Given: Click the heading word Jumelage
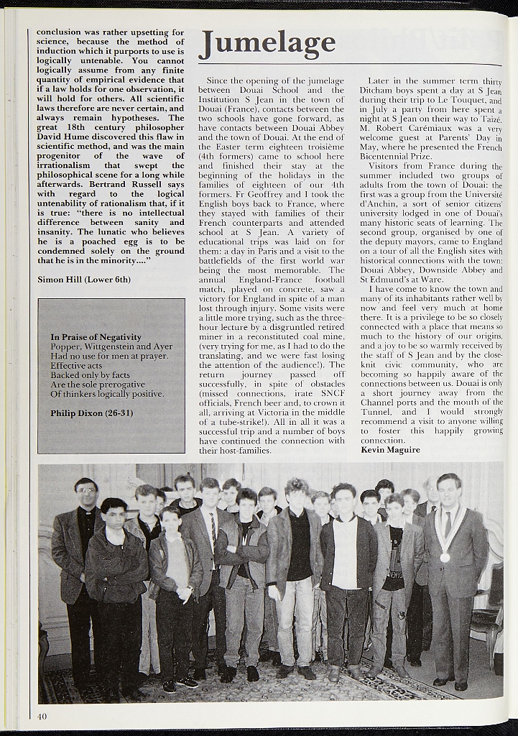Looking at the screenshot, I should [x=267, y=45].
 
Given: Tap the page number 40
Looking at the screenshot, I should [x=42, y=716].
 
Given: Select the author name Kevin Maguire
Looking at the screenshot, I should [x=390, y=450].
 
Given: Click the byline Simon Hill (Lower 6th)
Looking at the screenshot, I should [x=74, y=278].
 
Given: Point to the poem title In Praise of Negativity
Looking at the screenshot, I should [x=96, y=337].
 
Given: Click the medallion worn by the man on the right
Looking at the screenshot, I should [x=445, y=557].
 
